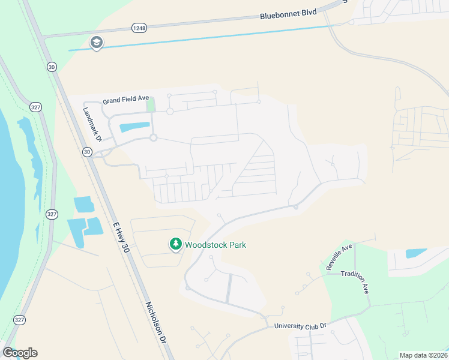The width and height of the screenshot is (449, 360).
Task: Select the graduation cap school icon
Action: point(96,43)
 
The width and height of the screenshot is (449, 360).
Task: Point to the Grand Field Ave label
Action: point(125,101)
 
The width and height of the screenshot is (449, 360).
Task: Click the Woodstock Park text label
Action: point(215,245)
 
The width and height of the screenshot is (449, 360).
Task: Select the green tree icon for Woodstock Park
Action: point(175,244)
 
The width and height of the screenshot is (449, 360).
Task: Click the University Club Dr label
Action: point(300,326)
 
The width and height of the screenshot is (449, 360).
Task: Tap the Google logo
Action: point(20,353)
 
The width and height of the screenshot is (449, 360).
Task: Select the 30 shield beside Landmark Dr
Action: point(88,152)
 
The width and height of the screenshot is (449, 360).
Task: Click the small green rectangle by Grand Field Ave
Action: point(151,105)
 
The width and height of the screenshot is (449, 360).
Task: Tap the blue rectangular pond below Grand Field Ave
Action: point(135,127)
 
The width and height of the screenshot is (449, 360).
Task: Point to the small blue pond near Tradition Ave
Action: point(416,253)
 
